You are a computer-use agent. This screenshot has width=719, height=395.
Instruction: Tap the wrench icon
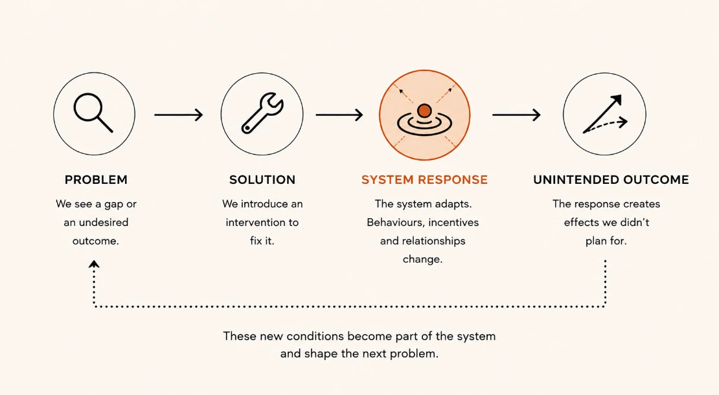coord(262,113)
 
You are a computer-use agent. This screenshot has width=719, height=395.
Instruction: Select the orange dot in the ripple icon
coord(425,111)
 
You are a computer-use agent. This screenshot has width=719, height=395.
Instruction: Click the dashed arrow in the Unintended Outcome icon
coord(605,126)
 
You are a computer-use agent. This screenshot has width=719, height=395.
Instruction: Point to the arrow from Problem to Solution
coord(178,115)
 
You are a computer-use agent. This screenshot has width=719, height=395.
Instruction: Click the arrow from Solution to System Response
coord(339,115)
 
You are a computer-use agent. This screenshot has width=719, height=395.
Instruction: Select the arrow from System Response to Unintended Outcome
coord(516,115)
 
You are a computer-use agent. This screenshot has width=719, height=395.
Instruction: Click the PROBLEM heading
coord(96,179)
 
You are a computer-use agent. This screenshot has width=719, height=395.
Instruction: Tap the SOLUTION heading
coord(262,179)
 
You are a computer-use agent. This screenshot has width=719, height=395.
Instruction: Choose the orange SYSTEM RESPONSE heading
coord(425,179)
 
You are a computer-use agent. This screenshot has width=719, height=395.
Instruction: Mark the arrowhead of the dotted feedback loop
coord(94,264)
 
